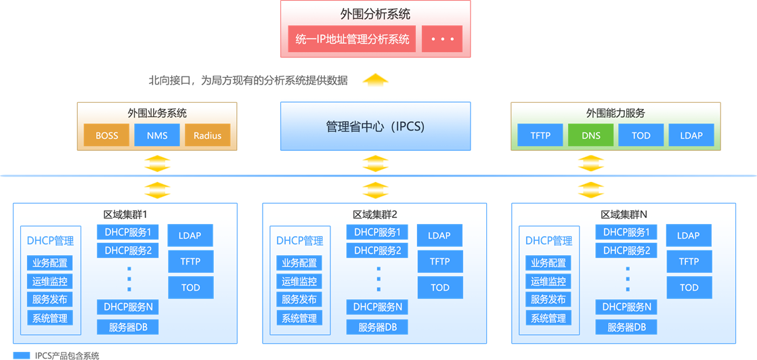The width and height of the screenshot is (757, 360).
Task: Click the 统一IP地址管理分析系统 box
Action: (352, 39)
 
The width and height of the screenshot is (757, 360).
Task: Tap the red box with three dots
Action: (442, 39)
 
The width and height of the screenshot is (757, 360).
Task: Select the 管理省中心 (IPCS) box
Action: (375, 127)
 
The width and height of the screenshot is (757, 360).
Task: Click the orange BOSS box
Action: (106, 135)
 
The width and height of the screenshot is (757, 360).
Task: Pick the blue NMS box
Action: (157, 135)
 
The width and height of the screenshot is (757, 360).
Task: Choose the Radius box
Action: (207, 135)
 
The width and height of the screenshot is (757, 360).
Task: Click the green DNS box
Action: (590, 135)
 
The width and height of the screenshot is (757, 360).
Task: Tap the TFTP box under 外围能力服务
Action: (540, 135)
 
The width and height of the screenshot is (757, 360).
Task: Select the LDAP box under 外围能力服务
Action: (691, 135)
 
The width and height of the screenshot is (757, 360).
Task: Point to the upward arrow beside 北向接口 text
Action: (375, 80)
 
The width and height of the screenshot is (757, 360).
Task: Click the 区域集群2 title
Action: (374, 215)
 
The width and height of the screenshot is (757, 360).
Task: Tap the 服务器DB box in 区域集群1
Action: (128, 328)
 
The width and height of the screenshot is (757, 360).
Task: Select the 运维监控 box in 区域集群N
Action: (548, 282)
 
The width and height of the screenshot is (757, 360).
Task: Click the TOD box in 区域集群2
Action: (440, 288)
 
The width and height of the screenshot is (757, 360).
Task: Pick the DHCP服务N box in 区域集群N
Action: (626, 307)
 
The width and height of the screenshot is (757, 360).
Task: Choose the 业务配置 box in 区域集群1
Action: (50, 263)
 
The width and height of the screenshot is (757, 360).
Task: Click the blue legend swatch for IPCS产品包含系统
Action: (22, 355)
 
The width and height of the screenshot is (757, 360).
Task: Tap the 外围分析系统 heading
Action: (375, 14)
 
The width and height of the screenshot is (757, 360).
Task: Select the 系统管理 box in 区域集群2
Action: (299, 318)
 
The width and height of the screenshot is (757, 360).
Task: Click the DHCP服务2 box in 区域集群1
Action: (128, 251)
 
